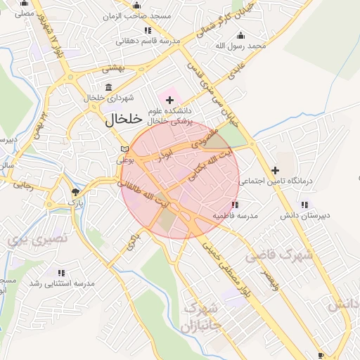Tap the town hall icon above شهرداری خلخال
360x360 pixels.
click(x=108, y=87)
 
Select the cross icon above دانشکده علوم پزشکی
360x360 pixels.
click(x=169, y=101)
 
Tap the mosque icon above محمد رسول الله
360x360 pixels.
click(x=241, y=35)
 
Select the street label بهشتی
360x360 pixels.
click(x=113, y=69)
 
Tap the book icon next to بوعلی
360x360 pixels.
click(x=124, y=149)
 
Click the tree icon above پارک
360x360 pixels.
click(x=75, y=191)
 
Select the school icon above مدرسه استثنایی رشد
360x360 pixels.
click(x=61, y=272)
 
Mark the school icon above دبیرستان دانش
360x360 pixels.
click(x=304, y=205)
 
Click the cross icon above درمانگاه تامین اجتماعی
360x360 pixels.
click(x=276, y=170)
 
